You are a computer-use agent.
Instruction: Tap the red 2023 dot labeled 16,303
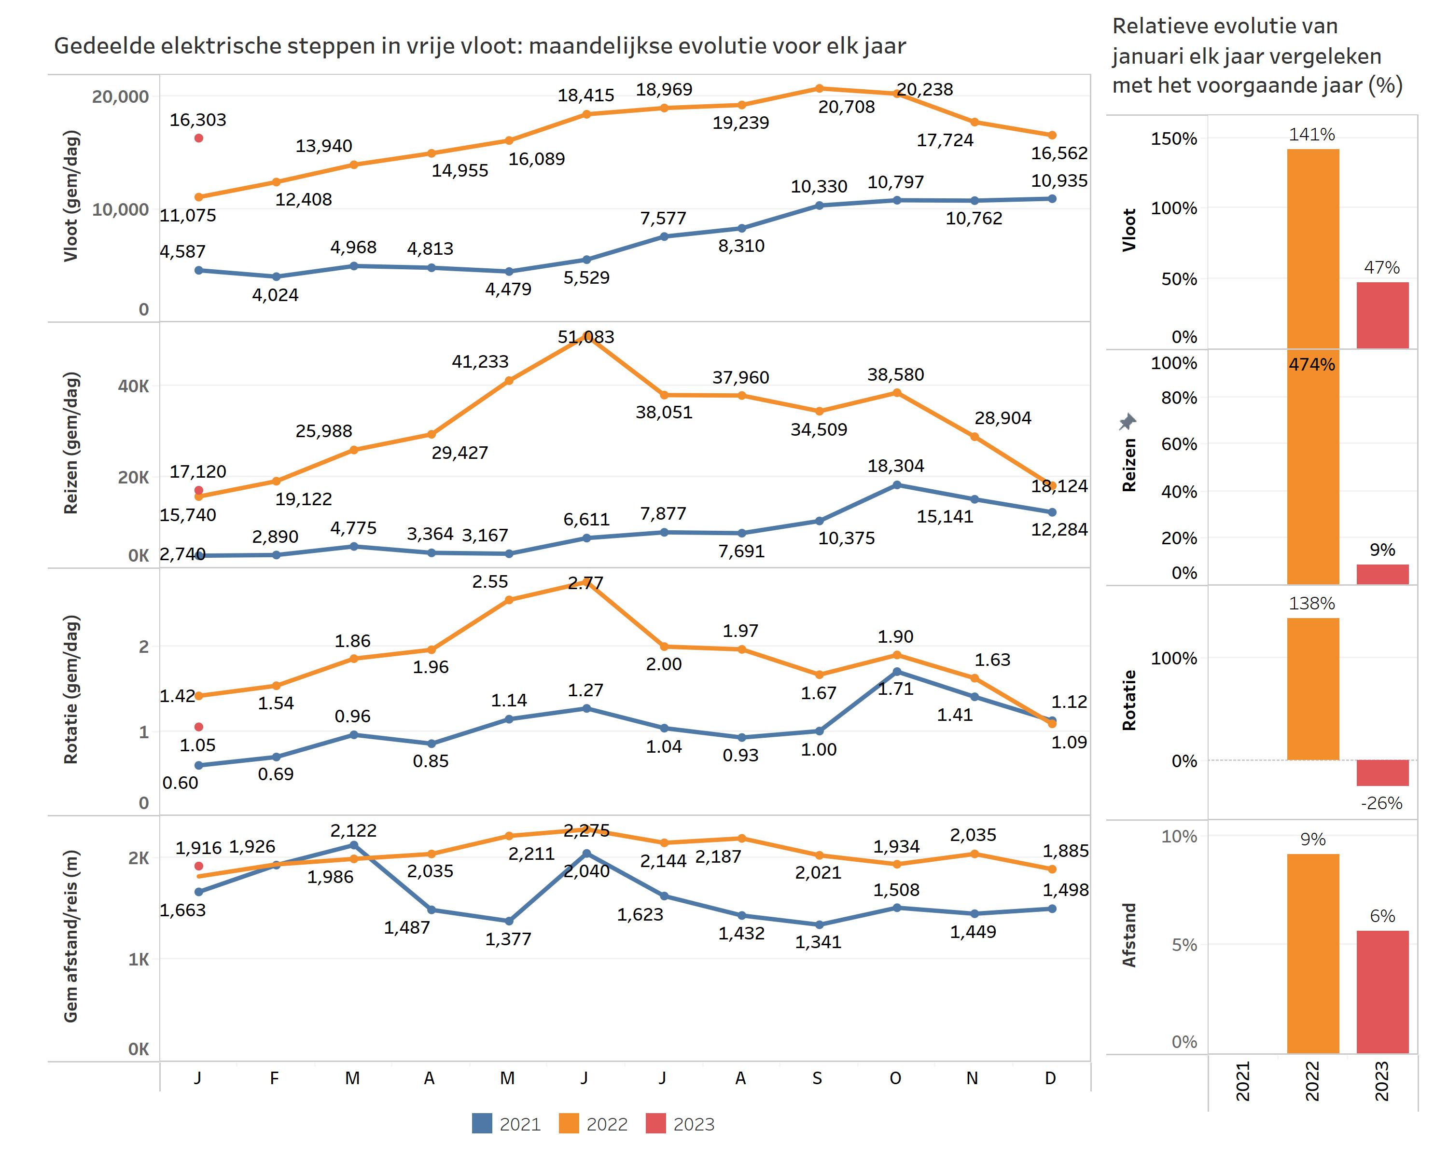click(x=199, y=138)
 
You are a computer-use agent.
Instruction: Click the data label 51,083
click(x=585, y=337)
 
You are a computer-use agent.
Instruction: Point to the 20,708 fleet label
click(x=846, y=107)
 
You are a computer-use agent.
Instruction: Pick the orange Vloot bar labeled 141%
click(x=1312, y=248)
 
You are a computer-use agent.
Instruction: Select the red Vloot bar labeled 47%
click(x=1382, y=315)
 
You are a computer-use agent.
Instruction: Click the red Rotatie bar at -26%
click(x=1382, y=772)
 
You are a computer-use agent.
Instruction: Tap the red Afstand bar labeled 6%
click(x=1382, y=992)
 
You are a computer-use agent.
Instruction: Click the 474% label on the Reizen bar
click(x=1312, y=364)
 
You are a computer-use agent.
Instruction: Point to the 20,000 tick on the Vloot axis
click(x=120, y=96)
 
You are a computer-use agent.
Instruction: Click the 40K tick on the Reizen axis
click(x=134, y=386)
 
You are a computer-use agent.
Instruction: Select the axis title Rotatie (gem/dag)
click(x=71, y=689)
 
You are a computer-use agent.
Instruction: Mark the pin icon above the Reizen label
click(x=1128, y=422)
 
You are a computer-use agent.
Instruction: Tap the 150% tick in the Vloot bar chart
click(x=1173, y=139)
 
